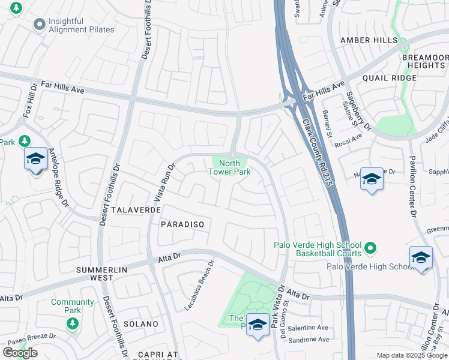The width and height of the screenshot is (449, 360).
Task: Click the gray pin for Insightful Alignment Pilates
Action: [x=40, y=25]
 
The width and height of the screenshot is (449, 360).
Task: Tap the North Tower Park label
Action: [x=229, y=167]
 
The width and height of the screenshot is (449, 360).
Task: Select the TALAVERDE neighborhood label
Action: [x=136, y=211]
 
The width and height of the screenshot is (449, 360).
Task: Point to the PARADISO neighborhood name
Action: [x=182, y=224]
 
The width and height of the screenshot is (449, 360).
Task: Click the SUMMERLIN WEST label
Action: [x=103, y=274]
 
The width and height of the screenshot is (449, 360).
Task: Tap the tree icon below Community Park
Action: [x=73, y=324]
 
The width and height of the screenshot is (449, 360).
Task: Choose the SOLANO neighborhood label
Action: [x=141, y=324]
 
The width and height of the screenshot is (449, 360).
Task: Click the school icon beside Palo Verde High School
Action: [x=421, y=258]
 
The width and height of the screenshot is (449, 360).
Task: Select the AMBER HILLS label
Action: [x=369, y=40]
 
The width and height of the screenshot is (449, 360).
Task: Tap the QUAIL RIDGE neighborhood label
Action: [x=389, y=78]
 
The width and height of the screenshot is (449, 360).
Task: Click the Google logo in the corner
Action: [x=20, y=353]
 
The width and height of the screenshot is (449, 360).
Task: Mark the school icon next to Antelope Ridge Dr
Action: [x=36, y=160]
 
